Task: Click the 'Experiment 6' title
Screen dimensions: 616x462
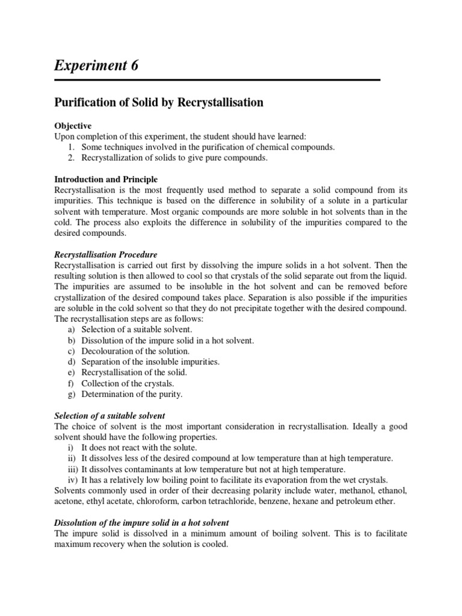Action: pos(96,66)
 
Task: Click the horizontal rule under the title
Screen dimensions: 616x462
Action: pos(217,80)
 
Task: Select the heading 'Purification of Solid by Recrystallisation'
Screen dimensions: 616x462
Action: pos(159,102)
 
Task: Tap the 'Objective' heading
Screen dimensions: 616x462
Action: pos(73,126)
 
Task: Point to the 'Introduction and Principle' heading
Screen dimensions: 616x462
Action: pos(106,179)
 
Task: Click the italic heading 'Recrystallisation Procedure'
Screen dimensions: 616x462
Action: pos(105,254)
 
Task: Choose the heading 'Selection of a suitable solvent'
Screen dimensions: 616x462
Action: pos(109,416)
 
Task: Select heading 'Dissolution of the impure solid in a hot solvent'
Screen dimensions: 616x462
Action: pos(141,522)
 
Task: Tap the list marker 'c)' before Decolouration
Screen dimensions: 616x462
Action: pos(70,351)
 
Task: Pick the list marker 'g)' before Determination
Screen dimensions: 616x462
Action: pos(70,394)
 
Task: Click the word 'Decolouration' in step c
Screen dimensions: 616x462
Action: pos(105,351)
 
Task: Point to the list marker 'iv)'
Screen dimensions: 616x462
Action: pos(73,479)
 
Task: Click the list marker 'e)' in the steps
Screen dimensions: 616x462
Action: pos(70,372)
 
